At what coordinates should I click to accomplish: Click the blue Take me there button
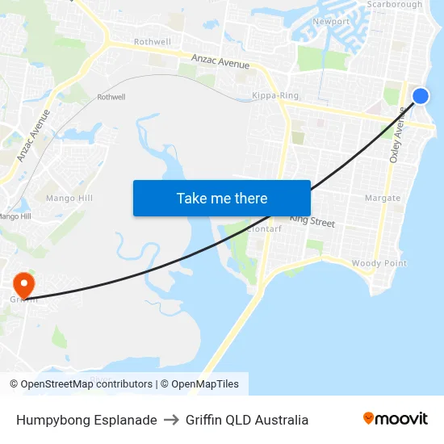click(222, 198)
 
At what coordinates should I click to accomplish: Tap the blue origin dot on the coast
click(421, 97)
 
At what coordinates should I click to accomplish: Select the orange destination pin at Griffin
click(23, 283)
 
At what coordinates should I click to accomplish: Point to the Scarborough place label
click(395, 5)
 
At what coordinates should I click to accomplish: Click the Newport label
click(331, 22)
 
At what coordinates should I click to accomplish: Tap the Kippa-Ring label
click(275, 95)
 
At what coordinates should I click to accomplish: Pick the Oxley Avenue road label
click(396, 136)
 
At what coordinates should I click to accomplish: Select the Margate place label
click(382, 198)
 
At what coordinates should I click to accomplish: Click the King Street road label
click(312, 220)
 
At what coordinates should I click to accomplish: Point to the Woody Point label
click(379, 264)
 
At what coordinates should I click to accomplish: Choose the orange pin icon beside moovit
click(368, 418)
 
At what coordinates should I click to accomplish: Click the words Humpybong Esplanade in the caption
click(86, 420)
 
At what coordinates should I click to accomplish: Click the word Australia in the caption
click(284, 420)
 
